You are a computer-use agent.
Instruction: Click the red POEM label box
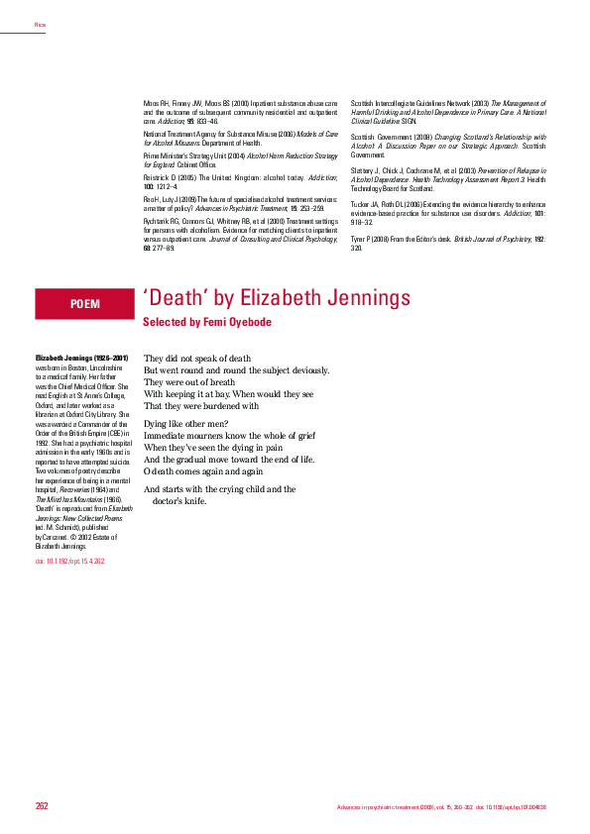(x=84, y=304)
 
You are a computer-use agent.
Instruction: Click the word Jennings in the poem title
(x=368, y=297)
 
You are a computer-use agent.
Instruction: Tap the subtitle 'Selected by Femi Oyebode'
(x=206, y=323)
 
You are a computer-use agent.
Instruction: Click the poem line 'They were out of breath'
(x=189, y=381)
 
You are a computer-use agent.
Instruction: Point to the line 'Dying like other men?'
(x=186, y=424)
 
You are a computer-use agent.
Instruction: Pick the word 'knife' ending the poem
(x=192, y=501)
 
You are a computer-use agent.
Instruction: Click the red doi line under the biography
(x=70, y=561)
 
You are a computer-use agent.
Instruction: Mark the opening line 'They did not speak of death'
(x=198, y=358)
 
